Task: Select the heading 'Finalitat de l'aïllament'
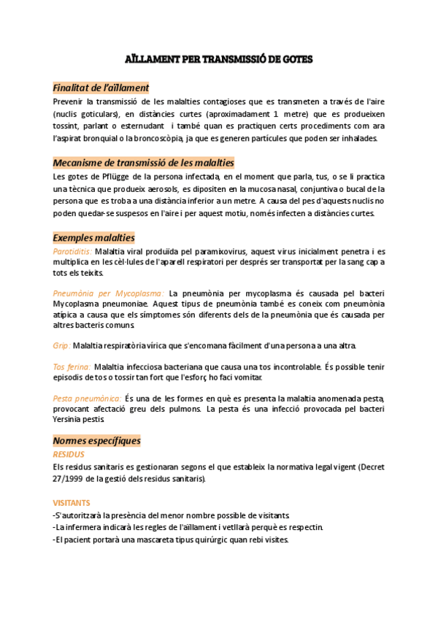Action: pos(101,88)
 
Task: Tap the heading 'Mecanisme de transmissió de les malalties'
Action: pos(143,163)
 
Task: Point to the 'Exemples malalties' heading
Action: pos(93,238)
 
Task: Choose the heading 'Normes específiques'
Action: pos(96,441)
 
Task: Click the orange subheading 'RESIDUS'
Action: pos(69,454)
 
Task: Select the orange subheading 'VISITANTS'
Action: pos(72,503)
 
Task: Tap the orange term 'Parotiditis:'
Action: pos(72,251)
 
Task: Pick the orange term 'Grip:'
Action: pos(61,345)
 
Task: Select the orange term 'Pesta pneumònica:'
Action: pos(87,399)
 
